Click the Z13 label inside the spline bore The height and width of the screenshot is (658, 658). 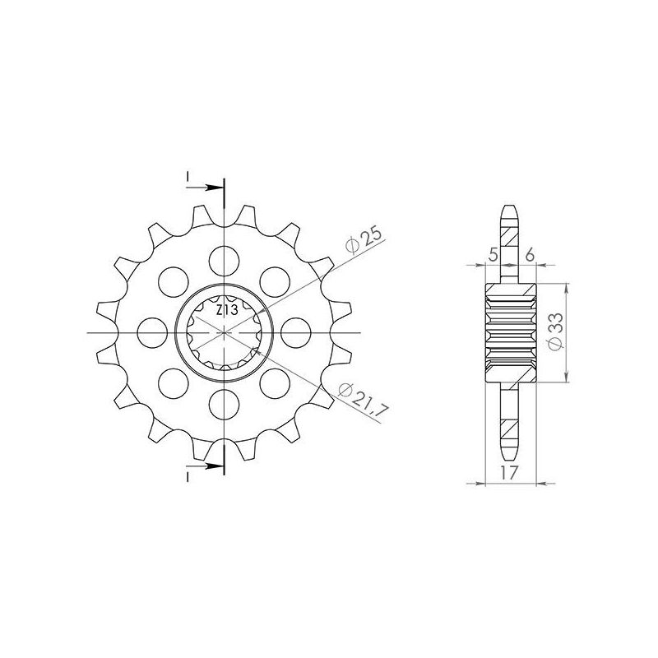[228, 310]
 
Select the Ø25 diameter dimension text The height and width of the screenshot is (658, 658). [363, 240]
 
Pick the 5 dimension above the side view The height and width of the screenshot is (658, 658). [493, 256]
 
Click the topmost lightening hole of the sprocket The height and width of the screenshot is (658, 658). [223, 261]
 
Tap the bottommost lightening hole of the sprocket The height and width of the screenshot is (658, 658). [223, 403]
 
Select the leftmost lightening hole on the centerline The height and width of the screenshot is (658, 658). [152, 332]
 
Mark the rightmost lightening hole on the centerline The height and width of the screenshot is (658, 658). [294, 332]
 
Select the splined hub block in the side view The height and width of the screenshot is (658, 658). [511, 333]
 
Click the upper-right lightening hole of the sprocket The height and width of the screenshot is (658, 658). [273, 281]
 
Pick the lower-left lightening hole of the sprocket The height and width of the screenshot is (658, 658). [173, 382]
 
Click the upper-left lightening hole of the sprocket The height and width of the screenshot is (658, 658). [173, 281]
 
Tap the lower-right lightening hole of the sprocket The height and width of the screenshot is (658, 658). [273, 382]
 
